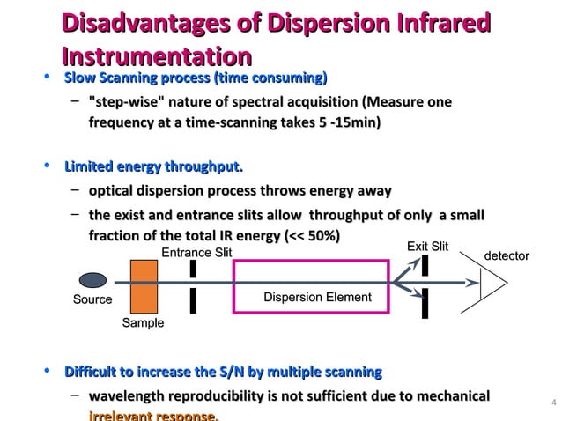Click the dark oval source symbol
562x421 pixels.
point(93,280)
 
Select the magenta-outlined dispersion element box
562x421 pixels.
point(309,286)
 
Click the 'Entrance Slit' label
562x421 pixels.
point(196,254)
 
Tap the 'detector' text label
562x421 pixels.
point(507,255)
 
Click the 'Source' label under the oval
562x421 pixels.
point(92,299)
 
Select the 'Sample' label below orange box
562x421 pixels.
point(143,323)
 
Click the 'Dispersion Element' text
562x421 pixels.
point(317,297)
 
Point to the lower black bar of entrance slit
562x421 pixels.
point(192,300)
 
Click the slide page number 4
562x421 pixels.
point(552,404)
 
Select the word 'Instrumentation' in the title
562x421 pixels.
point(156,57)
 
